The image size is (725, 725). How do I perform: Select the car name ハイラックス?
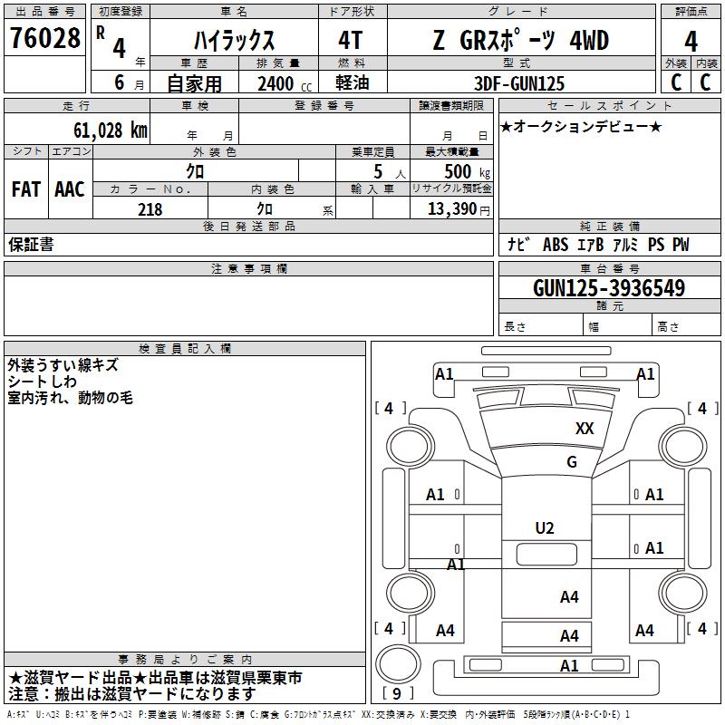click(235, 41)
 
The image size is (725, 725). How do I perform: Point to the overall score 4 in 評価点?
click(691, 41)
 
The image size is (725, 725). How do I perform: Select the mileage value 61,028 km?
click(101, 130)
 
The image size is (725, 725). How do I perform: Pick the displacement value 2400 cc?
click(277, 83)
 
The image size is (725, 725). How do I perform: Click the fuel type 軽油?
click(352, 83)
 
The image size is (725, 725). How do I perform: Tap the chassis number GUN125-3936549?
click(609, 288)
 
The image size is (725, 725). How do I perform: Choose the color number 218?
click(150, 209)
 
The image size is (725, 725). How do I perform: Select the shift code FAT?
click(26, 189)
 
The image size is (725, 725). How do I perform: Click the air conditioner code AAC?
click(70, 189)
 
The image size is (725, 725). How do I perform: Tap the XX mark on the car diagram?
click(585, 429)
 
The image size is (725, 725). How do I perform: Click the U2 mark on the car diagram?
click(545, 528)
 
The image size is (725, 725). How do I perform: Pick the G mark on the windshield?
click(572, 462)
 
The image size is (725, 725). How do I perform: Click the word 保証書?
click(31, 245)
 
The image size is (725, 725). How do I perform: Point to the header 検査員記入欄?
click(185, 348)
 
